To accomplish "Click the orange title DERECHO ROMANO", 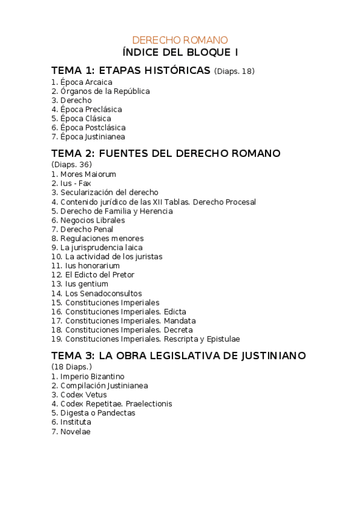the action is point(180,40).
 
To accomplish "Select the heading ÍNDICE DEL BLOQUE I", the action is point(180,52).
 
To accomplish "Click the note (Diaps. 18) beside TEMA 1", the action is point(234,71).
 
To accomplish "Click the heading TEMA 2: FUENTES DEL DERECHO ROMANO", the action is point(166,153).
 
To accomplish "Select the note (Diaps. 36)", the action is point(72,165).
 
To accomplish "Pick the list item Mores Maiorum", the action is point(84,174).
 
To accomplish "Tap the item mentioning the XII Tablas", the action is point(153,202).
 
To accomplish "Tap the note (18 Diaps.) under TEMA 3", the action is point(72,367).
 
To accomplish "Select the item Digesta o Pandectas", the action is point(93,413).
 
